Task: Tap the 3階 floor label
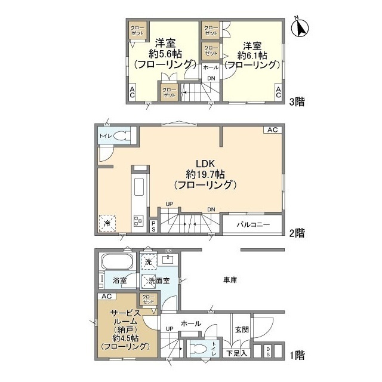(297, 101)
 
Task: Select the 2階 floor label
(297, 232)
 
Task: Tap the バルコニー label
(253, 226)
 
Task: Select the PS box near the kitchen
(153, 226)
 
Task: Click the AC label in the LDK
(272, 130)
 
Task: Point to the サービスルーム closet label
(147, 300)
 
